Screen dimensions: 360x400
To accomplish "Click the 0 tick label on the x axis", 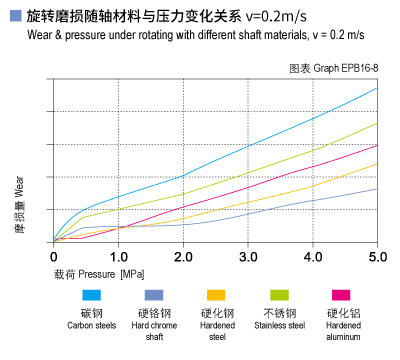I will coord(53,257).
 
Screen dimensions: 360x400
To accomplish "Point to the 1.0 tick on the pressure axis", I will coord(118,257).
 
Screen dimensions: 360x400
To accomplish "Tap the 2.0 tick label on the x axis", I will coord(183,257).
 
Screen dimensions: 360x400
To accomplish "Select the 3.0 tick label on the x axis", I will coord(248,257).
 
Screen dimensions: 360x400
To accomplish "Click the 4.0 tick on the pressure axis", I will coord(313,257).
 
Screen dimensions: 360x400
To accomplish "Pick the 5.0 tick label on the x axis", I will coord(377,257).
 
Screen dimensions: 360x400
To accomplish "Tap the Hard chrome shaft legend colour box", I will coord(153,295).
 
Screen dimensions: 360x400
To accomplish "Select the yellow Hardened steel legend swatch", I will coord(215,295).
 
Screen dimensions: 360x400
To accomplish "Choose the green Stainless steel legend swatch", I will coord(278,295).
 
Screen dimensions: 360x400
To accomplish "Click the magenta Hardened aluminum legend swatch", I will coord(341,295).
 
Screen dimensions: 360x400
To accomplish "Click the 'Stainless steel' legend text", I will coord(278,325).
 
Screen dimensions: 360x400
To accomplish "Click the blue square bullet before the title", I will coord(15,17).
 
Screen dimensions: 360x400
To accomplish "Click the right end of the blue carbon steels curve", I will coord(377,88).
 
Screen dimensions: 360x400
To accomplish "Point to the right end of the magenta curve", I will coord(377,145).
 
